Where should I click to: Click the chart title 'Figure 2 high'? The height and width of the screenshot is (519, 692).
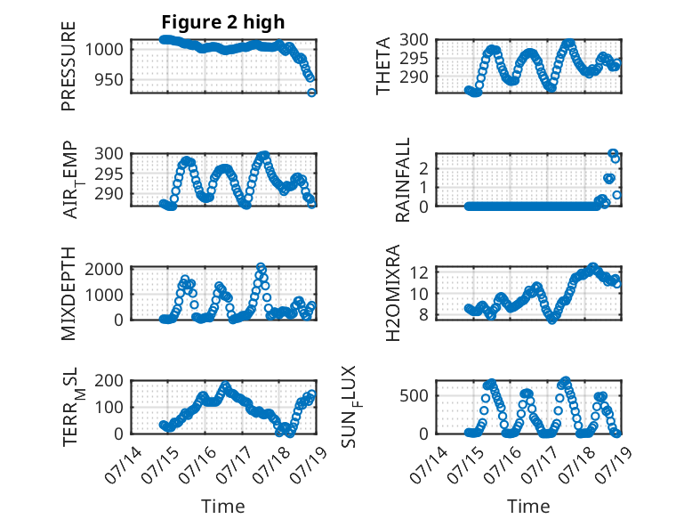(223, 22)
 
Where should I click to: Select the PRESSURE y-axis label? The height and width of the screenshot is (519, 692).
(68, 66)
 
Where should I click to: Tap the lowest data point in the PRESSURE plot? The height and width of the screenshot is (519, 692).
(311, 93)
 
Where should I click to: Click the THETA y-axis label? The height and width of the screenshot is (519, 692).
(382, 66)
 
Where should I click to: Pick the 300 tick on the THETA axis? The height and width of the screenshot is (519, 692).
(414, 39)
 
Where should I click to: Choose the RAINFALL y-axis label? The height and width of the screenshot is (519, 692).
(403, 180)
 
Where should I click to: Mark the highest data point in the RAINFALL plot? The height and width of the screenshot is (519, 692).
(613, 153)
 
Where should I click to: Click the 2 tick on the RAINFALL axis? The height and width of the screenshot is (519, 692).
(423, 168)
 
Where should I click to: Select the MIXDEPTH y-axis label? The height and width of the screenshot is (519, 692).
(68, 293)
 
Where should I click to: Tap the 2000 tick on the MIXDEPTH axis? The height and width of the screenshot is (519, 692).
(104, 269)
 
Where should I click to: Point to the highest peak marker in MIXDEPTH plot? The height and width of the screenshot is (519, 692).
(261, 267)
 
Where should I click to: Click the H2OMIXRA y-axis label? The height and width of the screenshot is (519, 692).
(392, 293)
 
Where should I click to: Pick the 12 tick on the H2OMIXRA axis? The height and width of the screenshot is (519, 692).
(420, 272)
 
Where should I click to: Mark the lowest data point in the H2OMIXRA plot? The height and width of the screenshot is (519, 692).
(552, 319)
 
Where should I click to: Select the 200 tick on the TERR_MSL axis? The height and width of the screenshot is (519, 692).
(109, 380)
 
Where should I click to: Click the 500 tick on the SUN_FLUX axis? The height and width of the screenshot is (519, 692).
(414, 396)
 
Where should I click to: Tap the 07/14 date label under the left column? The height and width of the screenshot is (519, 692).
(124, 466)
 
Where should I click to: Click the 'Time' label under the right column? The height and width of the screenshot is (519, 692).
(528, 507)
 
